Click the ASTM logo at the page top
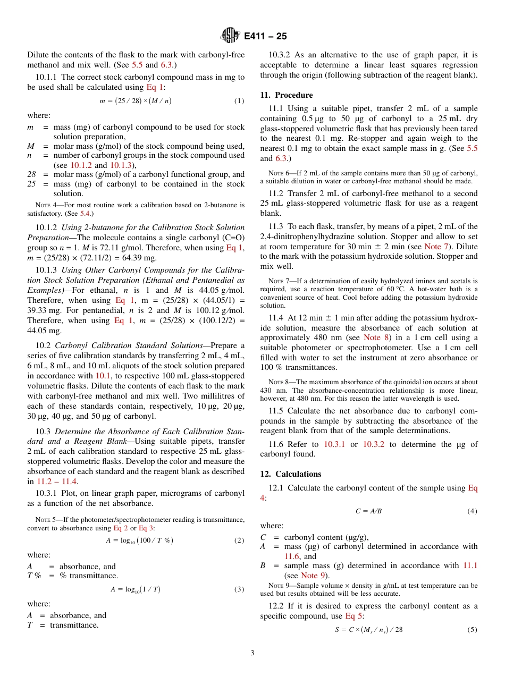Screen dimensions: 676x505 (x=230, y=36)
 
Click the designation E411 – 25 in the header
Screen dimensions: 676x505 (x=265, y=36)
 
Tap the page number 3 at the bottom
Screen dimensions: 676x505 (x=252, y=653)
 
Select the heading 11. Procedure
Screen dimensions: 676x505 (x=287, y=95)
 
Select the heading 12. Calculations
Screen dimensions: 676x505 (x=291, y=474)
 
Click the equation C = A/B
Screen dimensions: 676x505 (x=368, y=511)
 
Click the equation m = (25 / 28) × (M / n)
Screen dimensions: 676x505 (x=136, y=100)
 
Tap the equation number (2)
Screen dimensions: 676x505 (x=239, y=540)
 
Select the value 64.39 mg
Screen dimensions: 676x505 (x=141, y=257)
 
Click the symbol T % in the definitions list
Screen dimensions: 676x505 (x=34, y=576)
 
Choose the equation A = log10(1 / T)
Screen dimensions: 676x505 (x=136, y=589)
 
